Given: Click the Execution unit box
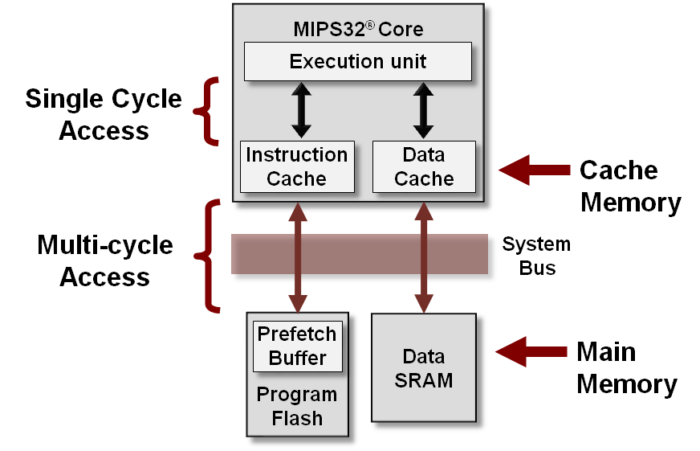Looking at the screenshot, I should pyautogui.click(x=357, y=62).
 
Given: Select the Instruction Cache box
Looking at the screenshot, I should pyautogui.click(x=297, y=166).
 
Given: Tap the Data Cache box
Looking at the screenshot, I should pyautogui.click(x=424, y=166).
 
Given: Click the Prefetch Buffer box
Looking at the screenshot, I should pyautogui.click(x=297, y=346).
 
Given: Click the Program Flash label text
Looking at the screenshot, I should pyautogui.click(x=297, y=407).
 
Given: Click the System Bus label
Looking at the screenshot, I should pyautogui.click(x=536, y=256).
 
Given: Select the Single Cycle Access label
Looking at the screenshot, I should pyautogui.click(x=104, y=114).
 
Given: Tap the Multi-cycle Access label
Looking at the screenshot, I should pyautogui.click(x=104, y=261).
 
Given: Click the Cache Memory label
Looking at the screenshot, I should pyautogui.click(x=630, y=186).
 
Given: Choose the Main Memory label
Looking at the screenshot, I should pyautogui.click(x=626, y=367).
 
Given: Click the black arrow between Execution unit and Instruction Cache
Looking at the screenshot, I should pyautogui.click(x=300, y=110).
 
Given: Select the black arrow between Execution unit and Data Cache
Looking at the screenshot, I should pyautogui.click(x=423, y=110).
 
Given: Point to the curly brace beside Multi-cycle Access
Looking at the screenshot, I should pyautogui.click(x=208, y=256).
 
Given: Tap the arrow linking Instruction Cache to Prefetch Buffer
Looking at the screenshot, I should pyautogui.click(x=298, y=257).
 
